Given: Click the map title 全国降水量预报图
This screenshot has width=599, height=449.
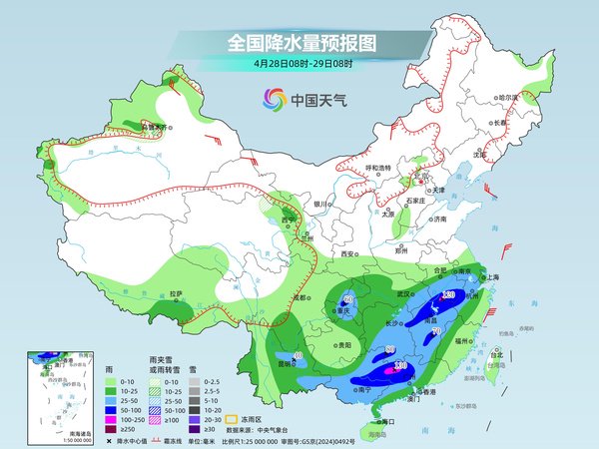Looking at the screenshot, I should point(299,43).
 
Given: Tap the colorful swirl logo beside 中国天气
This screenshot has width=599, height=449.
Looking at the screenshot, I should point(273,99).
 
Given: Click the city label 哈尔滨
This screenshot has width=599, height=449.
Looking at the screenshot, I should point(510,97).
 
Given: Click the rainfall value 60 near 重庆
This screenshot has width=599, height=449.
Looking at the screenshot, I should point(349,298).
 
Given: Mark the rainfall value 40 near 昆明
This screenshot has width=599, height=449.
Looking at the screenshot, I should point(298,356).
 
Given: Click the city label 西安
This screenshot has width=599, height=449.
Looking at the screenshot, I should point(348,254).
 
